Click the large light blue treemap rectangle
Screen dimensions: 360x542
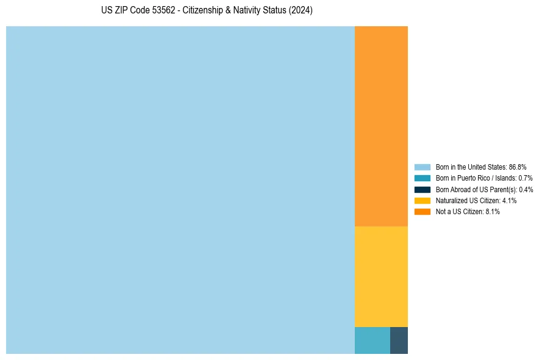(x=180, y=190)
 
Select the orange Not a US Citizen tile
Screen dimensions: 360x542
(x=381, y=126)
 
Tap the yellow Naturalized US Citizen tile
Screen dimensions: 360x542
(x=381, y=276)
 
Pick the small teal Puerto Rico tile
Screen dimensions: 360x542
(x=372, y=340)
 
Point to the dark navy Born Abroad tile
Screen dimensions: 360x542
(x=399, y=340)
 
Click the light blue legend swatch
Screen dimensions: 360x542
(x=423, y=167)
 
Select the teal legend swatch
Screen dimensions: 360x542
(x=423, y=178)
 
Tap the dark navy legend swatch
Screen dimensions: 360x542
(x=423, y=189)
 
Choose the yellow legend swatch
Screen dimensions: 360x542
(x=423, y=200)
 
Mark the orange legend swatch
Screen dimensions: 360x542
(x=423, y=211)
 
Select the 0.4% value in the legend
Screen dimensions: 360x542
(x=526, y=189)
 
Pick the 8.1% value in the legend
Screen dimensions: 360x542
(x=493, y=211)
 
